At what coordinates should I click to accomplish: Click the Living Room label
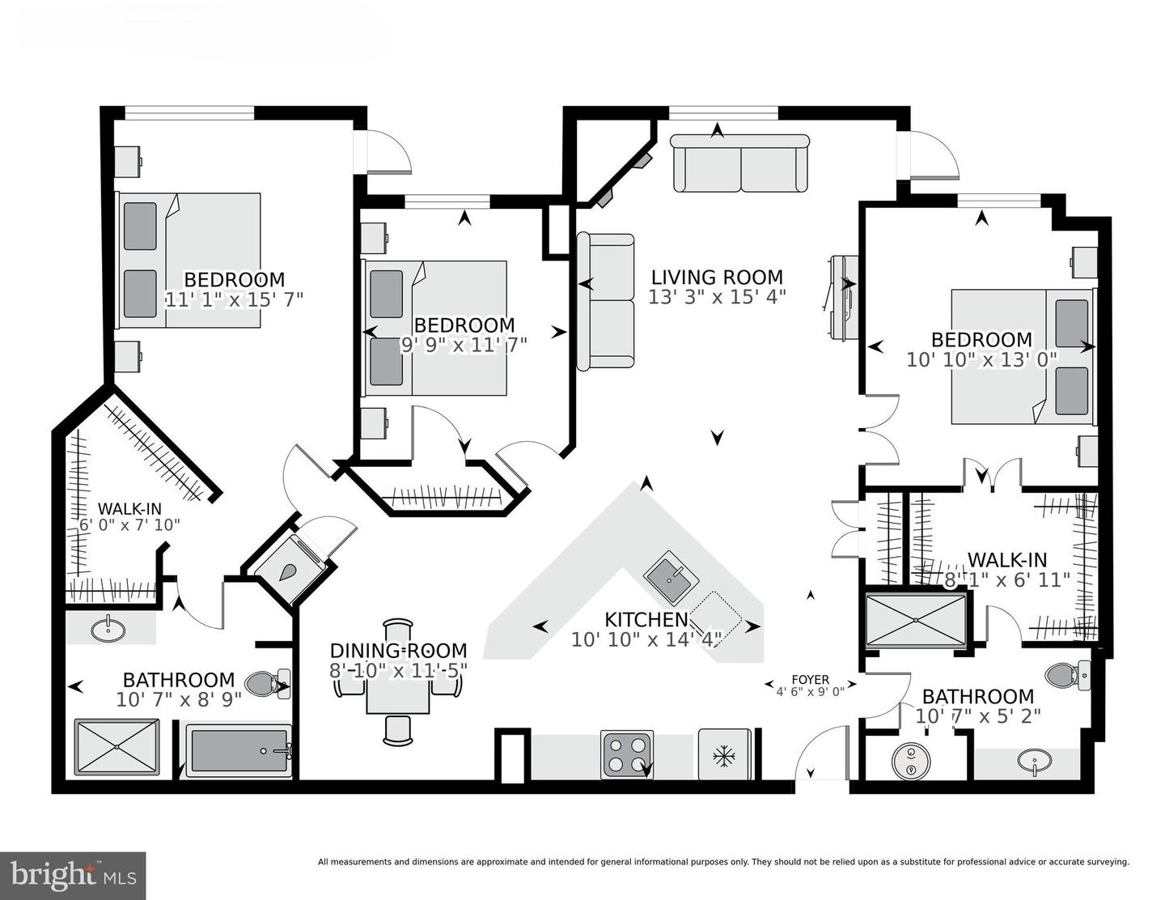tap(717, 278)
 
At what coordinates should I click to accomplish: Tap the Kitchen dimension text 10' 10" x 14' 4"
tap(646, 639)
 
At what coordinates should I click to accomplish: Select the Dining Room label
tap(398, 651)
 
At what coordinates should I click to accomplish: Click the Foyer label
tap(810, 680)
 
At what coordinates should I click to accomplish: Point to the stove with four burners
tap(627, 754)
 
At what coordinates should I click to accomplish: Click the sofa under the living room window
tap(740, 163)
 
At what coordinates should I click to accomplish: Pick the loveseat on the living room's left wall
tap(605, 301)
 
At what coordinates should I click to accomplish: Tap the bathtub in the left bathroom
tap(238, 751)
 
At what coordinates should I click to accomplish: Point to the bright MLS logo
tap(73, 875)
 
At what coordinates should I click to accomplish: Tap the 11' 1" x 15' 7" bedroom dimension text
tap(234, 299)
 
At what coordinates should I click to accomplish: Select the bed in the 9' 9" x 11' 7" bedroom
tap(437, 328)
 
